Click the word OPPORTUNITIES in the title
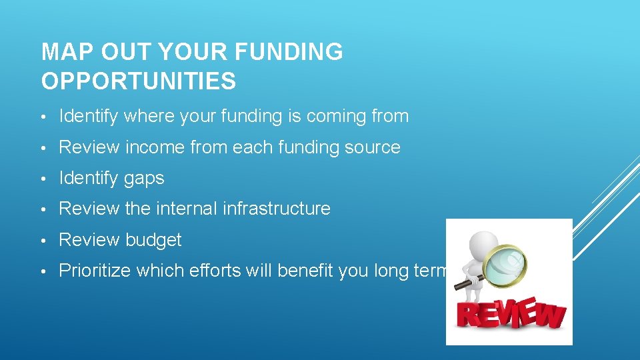click(139, 81)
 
